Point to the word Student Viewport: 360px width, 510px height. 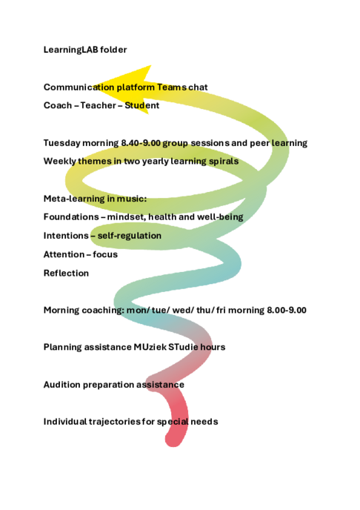142,105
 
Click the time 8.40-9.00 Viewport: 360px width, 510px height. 141,143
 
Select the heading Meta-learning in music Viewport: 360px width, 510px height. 95,199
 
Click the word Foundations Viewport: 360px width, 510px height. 71,217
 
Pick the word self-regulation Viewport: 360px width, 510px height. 130,236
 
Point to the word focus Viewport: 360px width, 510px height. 105,254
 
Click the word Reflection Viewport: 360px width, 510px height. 66,274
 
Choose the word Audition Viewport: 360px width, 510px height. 61,385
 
